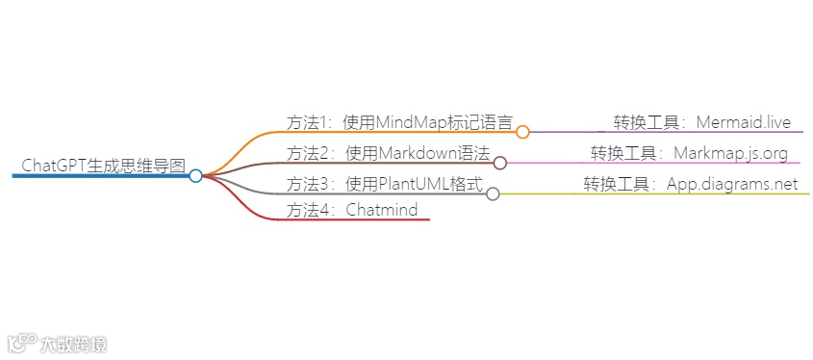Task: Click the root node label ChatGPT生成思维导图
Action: pyautogui.click(x=103, y=165)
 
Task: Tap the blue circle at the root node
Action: pyautogui.click(x=195, y=176)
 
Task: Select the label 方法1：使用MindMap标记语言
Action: pyautogui.click(x=399, y=122)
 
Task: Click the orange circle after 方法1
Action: pyautogui.click(x=522, y=132)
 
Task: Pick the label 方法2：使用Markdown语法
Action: pyautogui.click(x=388, y=153)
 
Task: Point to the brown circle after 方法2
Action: pyautogui.click(x=500, y=163)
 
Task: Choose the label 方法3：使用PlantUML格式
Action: pyautogui.click(x=384, y=184)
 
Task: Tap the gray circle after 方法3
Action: pyautogui.click(x=493, y=193)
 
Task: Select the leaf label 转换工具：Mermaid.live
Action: pyautogui.click(x=702, y=122)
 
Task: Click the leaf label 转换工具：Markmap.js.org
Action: pyautogui.click(x=689, y=153)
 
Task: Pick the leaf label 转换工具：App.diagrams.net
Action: pyautogui.click(x=690, y=184)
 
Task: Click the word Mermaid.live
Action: pyautogui.click(x=743, y=122)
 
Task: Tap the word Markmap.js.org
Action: pyautogui.click(x=731, y=153)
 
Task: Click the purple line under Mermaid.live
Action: pyautogui.click(x=673, y=132)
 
